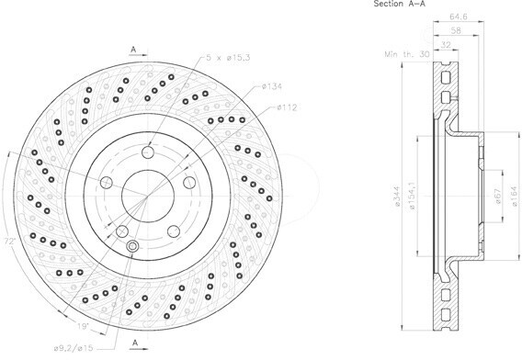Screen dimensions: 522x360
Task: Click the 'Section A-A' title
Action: (399, 4)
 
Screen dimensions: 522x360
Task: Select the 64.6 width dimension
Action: (458, 16)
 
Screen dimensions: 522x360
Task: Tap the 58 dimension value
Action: (456, 30)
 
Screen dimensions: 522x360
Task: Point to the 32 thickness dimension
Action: (446, 44)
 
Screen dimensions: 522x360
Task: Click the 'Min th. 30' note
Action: (407, 54)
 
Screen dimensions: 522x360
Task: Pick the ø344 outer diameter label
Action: (396, 197)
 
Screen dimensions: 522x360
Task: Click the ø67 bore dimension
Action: (498, 197)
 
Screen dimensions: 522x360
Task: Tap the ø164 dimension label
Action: (515, 196)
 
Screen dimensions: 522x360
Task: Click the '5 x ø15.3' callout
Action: (228, 58)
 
